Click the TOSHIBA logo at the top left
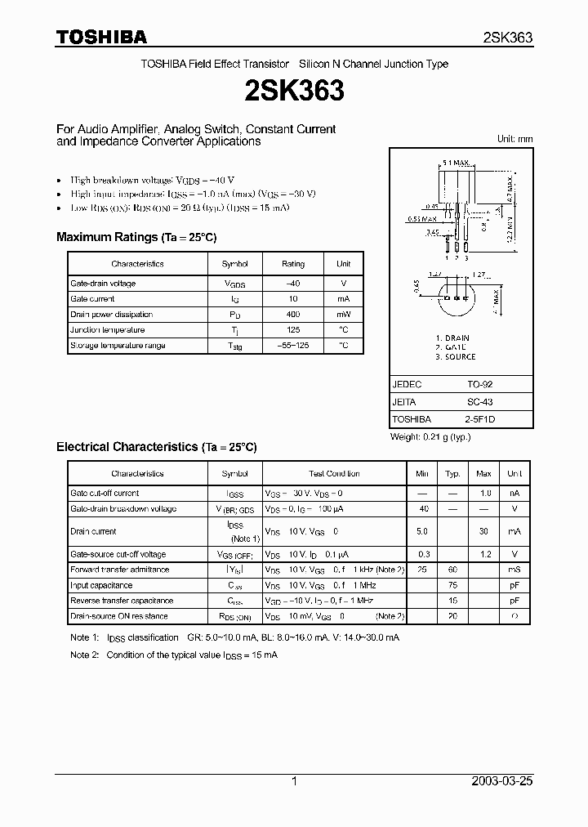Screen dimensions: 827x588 coord(101,37)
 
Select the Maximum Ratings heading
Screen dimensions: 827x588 coord(136,237)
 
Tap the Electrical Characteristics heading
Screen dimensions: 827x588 coord(156,447)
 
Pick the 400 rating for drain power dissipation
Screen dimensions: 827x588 coord(292,315)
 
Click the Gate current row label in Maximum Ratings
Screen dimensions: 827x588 coord(94,299)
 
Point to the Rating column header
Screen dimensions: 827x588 coord(293,264)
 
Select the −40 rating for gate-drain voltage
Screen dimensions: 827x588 coord(292,284)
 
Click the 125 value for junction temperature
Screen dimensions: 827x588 coord(292,330)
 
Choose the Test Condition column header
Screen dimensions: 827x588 coord(334,474)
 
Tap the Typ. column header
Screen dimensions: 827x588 coord(452,474)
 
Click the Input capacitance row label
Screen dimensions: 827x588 coord(101,585)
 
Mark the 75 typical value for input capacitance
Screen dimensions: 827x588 coord(452,585)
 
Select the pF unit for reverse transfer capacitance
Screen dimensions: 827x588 coord(514,601)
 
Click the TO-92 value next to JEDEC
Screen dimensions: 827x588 coord(480,384)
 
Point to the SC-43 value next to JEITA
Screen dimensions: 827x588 coord(480,402)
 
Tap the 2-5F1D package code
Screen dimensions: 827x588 coord(480,419)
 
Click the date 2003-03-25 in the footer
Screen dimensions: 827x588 coord(501,781)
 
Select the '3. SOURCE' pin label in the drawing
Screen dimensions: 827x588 coord(456,357)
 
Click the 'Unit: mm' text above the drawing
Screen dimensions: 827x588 coord(514,139)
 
